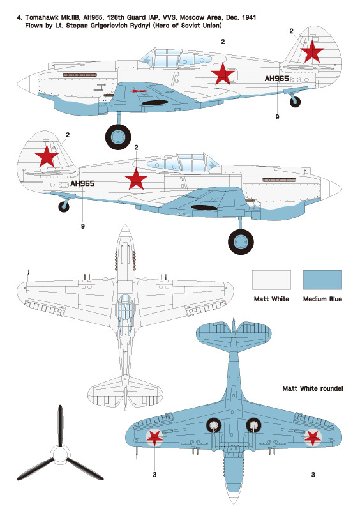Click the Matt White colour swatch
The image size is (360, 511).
click(271, 280)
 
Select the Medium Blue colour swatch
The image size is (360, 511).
click(322, 280)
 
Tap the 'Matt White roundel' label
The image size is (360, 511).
click(312, 388)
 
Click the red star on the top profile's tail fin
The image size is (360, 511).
click(312, 52)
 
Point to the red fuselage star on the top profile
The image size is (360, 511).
click(223, 74)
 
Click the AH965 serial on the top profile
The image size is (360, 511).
click(276, 79)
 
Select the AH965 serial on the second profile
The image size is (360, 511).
click(82, 183)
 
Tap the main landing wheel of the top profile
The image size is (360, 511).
click(118, 137)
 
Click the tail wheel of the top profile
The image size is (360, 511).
click(295, 102)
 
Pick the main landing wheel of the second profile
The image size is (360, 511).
click(241, 242)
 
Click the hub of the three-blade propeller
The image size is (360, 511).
click(60, 455)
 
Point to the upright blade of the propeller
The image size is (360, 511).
click(60, 426)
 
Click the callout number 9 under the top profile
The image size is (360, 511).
click(277, 117)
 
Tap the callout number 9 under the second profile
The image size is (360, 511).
click(83, 226)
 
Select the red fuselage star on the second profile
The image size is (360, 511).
click(136, 179)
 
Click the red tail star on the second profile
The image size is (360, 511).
click(47, 156)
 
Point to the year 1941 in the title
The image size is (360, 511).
click(248, 17)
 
